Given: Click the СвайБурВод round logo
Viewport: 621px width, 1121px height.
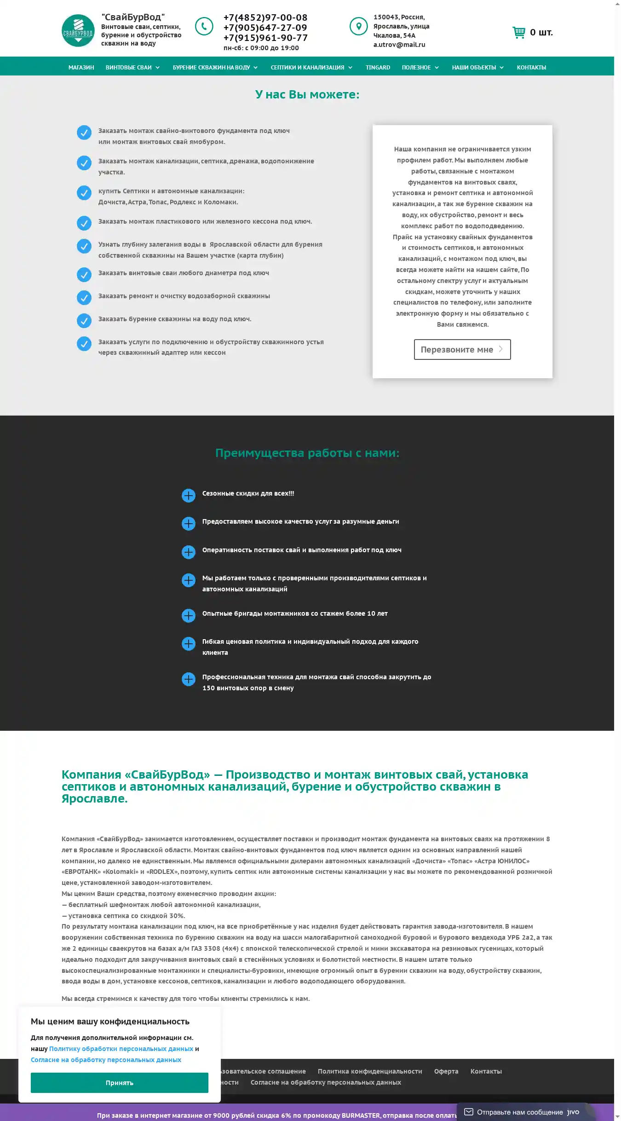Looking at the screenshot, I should point(78,30).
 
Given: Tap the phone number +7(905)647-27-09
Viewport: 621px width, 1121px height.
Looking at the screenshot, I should point(265,28).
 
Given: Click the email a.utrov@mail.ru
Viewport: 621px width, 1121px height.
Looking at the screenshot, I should point(399,45).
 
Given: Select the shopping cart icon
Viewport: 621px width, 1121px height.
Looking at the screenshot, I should point(519,32).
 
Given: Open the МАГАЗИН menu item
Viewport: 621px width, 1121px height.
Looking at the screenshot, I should point(81,67).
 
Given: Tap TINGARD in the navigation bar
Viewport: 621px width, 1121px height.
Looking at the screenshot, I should point(378,67).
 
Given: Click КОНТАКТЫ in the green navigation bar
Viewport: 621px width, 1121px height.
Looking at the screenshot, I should point(531,67).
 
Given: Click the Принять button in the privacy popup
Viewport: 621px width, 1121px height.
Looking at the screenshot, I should point(119,1082).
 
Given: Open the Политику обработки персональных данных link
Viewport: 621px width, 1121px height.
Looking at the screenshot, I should point(121,1048).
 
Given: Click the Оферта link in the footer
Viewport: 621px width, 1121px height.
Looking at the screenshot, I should point(446,1071).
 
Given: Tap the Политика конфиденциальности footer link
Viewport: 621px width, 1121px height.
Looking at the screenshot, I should point(369,1071).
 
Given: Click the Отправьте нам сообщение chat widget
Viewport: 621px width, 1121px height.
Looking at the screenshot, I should point(520,1112).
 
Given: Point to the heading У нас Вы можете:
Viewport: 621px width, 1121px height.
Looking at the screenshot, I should point(307,94).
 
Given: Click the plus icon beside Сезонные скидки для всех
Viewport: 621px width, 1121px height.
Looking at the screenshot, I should point(189,495).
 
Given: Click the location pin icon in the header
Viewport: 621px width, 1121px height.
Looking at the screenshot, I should point(358,26).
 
